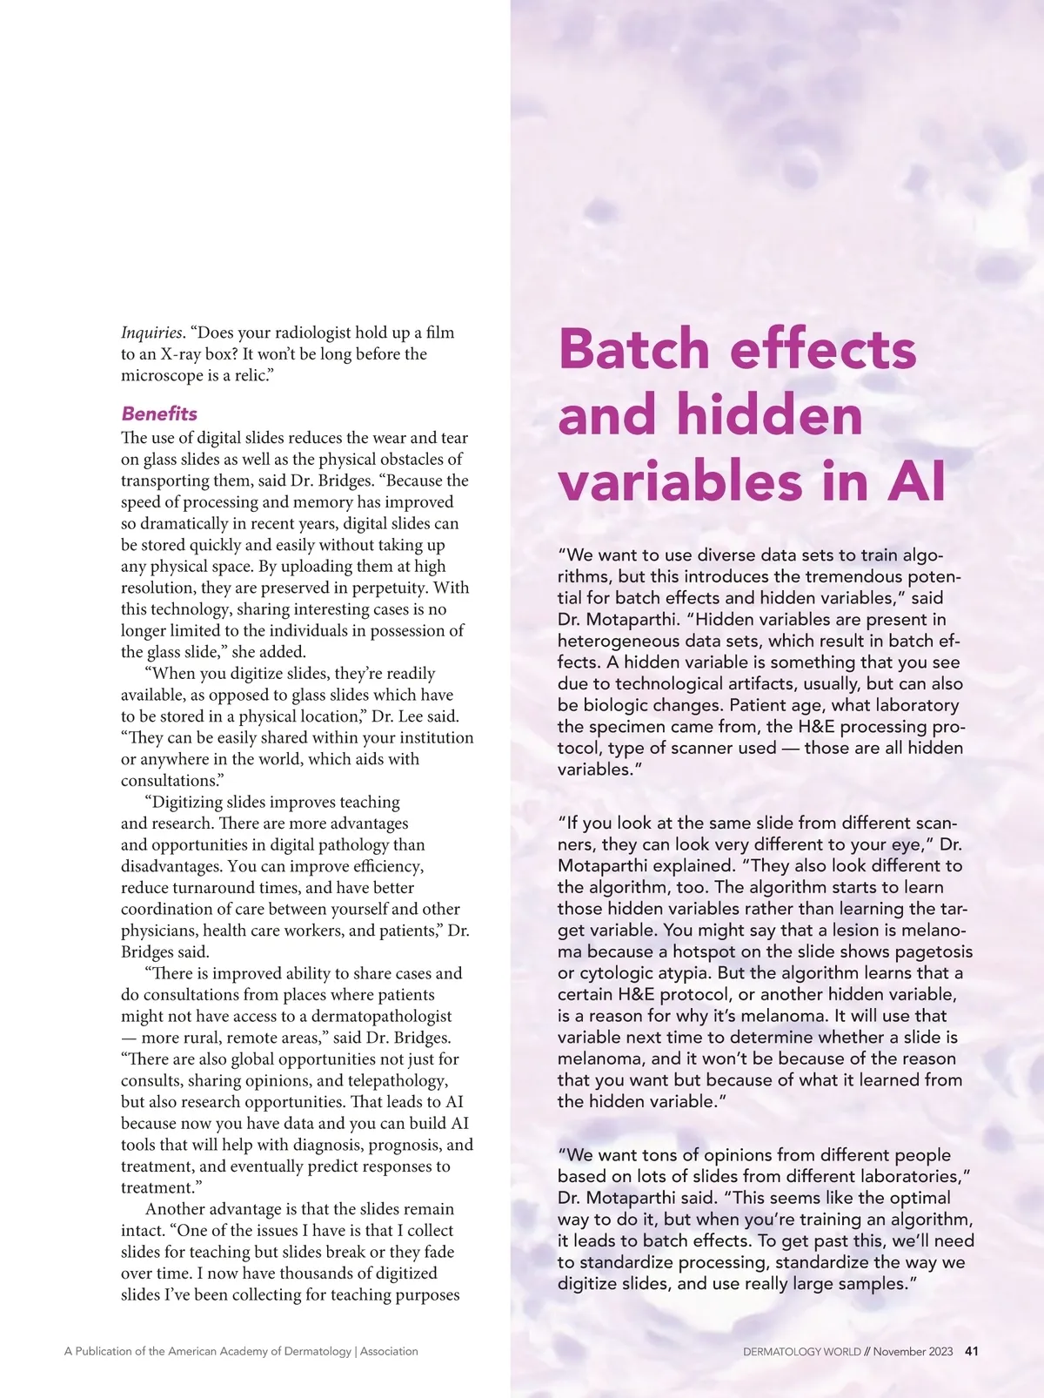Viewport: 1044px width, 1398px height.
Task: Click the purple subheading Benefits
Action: coord(159,413)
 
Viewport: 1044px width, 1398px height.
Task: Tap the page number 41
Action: coord(973,1352)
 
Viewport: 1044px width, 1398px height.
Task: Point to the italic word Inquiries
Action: coord(152,333)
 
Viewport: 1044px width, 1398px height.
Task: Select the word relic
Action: coord(252,375)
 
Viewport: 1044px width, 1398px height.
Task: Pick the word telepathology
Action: coord(396,1080)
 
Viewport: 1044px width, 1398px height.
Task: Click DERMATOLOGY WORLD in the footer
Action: coord(801,1352)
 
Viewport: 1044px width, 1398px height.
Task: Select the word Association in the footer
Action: coord(389,1352)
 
